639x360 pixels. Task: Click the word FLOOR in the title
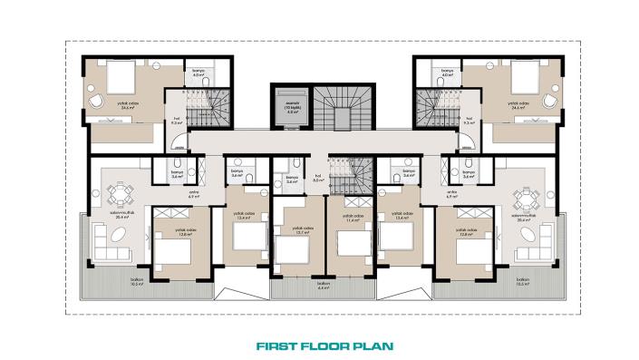click(x=322, y=345)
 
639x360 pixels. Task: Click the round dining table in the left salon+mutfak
click(x=120, y=193)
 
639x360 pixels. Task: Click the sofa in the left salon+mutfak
click(x=113, y=239)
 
